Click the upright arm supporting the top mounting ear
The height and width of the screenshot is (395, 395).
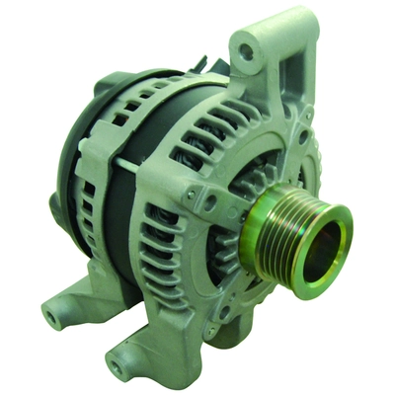tap(290, 99)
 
